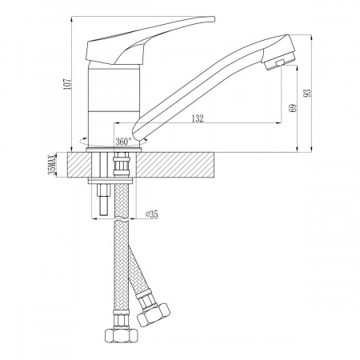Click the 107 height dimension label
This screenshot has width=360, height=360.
click(x=67, y=84)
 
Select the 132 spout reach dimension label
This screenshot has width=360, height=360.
click(x=198, y=118)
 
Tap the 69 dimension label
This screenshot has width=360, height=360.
click(x=293, y=108)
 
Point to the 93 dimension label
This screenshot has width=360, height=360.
click(x=307, y=93)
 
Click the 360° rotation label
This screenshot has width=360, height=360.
click(x=123, y=142)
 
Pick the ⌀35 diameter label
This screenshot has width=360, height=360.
click(x=151, y=214)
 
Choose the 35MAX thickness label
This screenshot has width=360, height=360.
click(x=52, y=164)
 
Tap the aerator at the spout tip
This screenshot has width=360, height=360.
click(x=279, y=61)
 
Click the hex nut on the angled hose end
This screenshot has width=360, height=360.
click(x=153, y=315)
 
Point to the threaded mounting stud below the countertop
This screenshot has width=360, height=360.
click(x=104, y=199)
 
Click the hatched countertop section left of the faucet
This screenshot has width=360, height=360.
click(x=79, y=165)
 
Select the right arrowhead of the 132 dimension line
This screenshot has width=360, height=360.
click(x=279, y=123)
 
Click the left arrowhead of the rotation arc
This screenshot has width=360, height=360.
click(x=84, y=139)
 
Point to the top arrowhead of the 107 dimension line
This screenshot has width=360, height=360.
click(x=71, y=19)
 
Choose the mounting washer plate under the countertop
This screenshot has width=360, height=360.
click(x=110, y=181)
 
